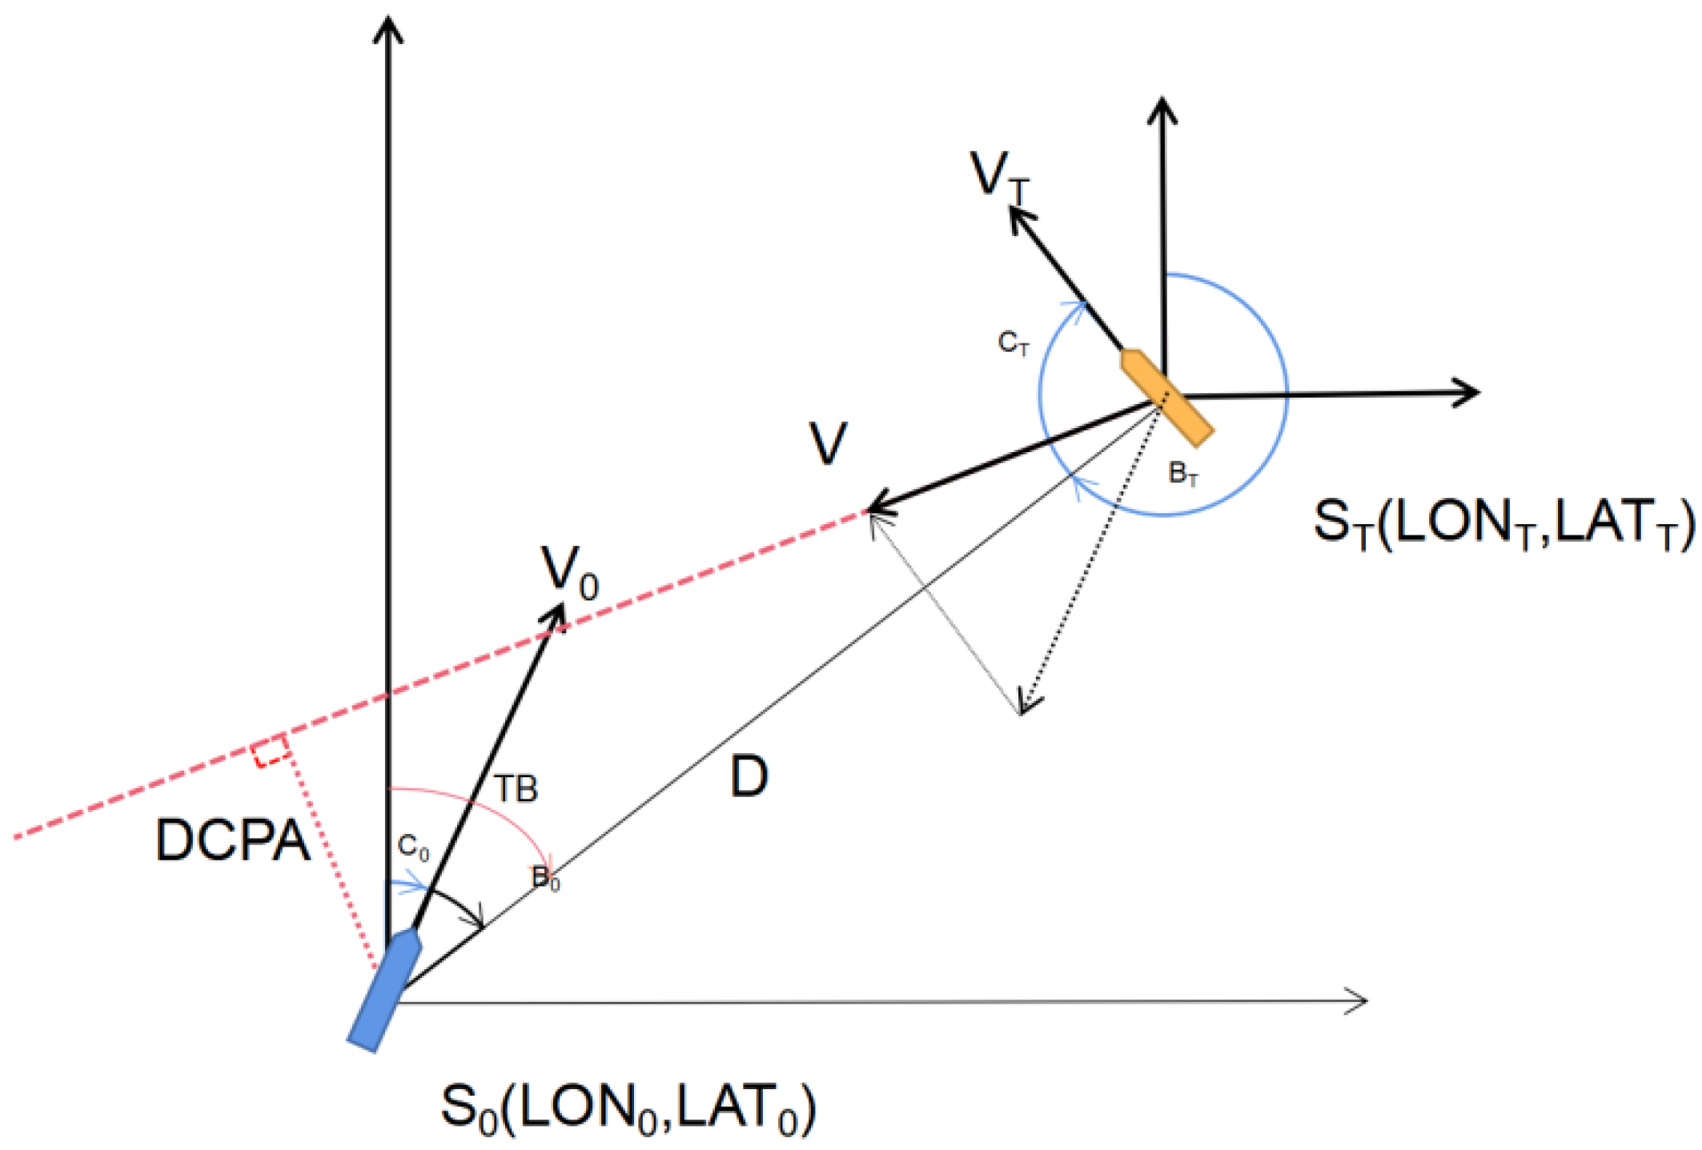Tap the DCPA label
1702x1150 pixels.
pyautogui.click(x=232, y=841)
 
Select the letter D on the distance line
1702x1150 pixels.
pyautogui.click(x=749, y=776)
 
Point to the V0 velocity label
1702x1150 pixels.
pyautogui.click(x=569, y=572)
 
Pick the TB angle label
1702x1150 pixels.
pyautogui.click(x=516, y=790)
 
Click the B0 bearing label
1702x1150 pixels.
pyautogui.click(x=545, y=878)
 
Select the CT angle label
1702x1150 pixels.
pyautogui.click(x=1013, y=343)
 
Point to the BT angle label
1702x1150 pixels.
pyautogui.click(x=1183, y=474)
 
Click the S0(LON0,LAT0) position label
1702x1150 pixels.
pyautogui.click(x=628, y=1109)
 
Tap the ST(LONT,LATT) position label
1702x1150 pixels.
pyautogui.click(x=1503, y=523)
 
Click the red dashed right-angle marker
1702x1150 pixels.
pyautogui.click(x=271, y=751)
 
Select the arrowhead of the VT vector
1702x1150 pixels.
pyautogui.click(x=1018, y=216)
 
